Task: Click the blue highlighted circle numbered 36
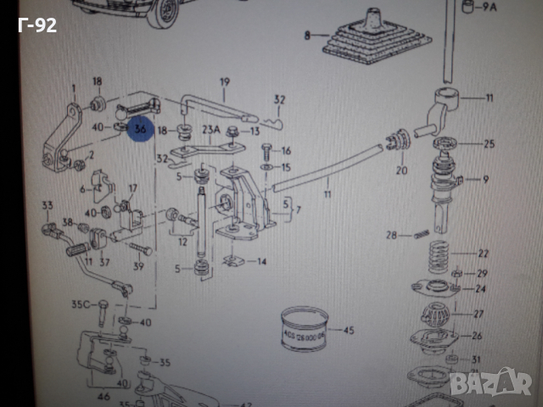tap(138, 129)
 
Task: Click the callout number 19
tap(225, 82)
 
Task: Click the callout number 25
tap(487, 144)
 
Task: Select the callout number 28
tap(392, 235)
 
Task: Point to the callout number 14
tap(261, 262)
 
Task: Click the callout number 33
tap(48, 205)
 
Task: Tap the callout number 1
tap(75, 88)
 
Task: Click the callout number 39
tap(138, 265)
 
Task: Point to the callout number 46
tap(104, 395)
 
